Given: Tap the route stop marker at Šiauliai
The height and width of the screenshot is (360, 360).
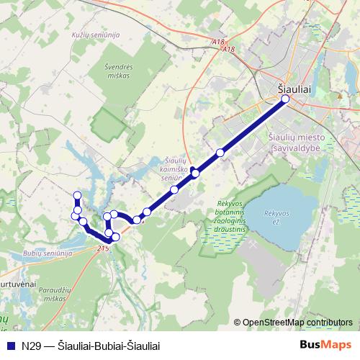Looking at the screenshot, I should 285,99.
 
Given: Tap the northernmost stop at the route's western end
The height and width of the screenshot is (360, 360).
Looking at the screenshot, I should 77,195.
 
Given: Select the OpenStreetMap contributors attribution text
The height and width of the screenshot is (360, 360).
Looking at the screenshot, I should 297,323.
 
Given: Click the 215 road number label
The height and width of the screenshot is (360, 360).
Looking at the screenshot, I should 102,248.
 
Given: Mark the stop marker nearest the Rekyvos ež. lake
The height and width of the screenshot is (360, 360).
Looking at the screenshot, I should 220,153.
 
